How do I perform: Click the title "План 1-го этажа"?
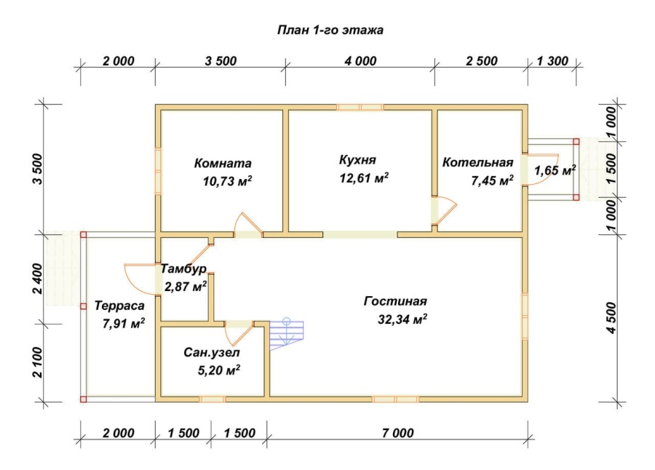click(x=330, y=31)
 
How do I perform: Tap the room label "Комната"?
click(x=223, y=163)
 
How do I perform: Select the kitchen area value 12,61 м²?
click(x=364, y=178)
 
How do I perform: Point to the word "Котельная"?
click(x=477, y=162)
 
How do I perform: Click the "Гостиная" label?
click(x=395, y=301)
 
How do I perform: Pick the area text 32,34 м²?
click(x=402, y=319)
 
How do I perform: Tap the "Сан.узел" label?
click(x=211, y=353)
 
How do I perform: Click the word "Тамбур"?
click(x=183, y=268)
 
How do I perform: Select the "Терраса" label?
click(x=119, y=306)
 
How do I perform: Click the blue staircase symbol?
click(x=286, y=334)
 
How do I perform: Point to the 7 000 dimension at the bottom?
click(x=397, y=433)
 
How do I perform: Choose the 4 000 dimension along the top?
click(x=360, y=61)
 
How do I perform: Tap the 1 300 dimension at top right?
click(x=552, y=61)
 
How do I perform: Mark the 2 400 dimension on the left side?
click(x=38, y=279)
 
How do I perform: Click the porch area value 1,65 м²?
click(x=555, y=170)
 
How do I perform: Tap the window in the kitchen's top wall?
click(x=360, y=108)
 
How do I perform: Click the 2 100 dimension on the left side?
click(x=38, y=362)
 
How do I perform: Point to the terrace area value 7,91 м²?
click(x=124, y=324)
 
